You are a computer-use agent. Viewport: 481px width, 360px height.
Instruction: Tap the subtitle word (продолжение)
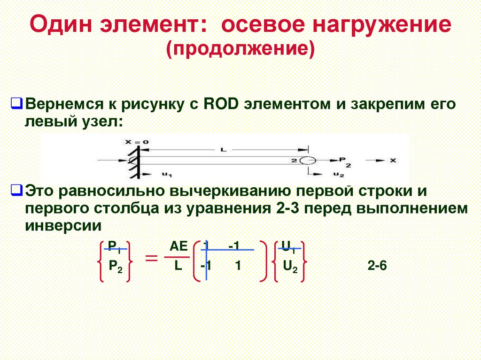tap(240, 49)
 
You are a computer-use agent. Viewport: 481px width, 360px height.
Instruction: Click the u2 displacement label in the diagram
tap(338, 175)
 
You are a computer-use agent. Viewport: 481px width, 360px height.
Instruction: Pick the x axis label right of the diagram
tap(393, 160)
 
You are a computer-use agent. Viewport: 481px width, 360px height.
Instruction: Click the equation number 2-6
tap(377, 266)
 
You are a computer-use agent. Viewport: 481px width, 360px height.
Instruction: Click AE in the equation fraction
tap(178, 246)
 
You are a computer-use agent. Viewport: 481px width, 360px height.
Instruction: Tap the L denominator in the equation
tap(178, 267)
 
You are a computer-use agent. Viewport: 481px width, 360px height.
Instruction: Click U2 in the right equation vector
tap(290, 267)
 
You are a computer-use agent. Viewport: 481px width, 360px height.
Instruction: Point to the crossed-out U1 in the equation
tap(289, 246)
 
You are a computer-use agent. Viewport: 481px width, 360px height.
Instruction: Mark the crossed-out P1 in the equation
tap(115, 246)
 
